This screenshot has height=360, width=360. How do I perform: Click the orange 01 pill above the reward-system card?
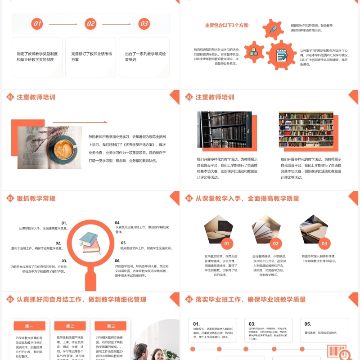point(37,24)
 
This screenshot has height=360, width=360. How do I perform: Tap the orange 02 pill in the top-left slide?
point(90,24)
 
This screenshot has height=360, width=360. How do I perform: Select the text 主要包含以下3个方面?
point(227,25)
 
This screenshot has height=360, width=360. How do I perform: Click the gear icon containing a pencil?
point(273,30)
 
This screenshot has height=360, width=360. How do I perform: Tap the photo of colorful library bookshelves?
point(306,130)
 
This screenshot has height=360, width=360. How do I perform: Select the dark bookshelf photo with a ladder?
point(225,130)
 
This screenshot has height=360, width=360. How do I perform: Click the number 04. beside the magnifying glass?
point(117,223)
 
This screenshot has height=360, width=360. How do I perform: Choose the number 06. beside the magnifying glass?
point(117,261)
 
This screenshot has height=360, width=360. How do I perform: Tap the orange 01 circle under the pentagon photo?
point(227,244)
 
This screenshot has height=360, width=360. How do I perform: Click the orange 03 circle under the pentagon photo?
point(324,244)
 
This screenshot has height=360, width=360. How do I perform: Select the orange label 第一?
point(29,326)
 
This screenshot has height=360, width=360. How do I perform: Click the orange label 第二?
point(70,326)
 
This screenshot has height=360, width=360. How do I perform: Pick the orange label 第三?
point(111,326)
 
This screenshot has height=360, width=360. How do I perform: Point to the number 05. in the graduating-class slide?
point(308,324)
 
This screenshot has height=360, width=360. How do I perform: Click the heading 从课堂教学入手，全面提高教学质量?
point(247,198)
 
